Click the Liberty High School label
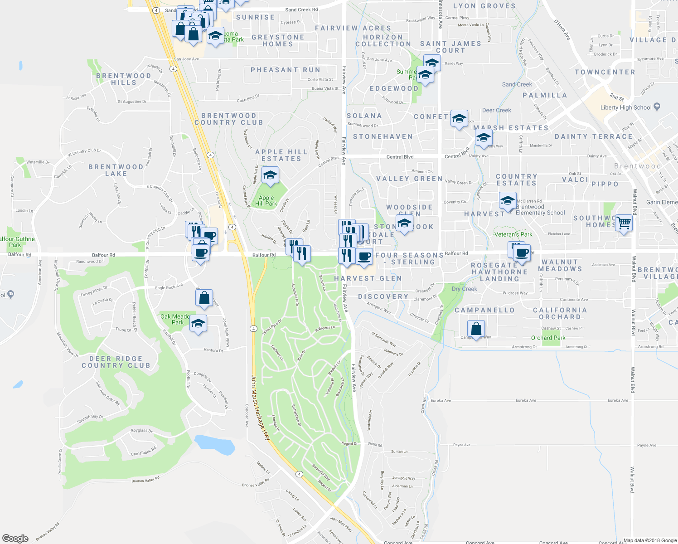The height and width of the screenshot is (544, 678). click(x=626, y=107)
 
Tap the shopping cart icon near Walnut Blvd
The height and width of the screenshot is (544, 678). click(x=624, y=223)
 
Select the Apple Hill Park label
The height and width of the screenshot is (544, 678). click(x=266, y=200)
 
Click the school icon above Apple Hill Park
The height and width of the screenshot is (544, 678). click(x=270, y=175)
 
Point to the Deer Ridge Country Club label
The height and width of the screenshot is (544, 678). click(x=116, y=362)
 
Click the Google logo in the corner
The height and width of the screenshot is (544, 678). click(x=15, y=538)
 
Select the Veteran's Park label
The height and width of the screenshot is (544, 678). click(x=513, y=234)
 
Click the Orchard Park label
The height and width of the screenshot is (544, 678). click(x=548, y=338)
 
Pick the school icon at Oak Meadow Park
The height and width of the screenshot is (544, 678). click(x=198, y=323)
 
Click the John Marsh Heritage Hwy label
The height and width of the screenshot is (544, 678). click(x=261, y=408)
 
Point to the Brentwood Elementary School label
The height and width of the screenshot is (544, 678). click(x=540, y=210)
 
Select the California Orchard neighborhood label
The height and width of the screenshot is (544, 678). click(x=560, y=313)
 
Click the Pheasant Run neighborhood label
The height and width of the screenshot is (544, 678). click(x=286, y=70)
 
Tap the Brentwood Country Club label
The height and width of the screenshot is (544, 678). click(x=228, y=119)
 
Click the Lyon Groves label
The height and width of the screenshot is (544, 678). click(x=484, y=6)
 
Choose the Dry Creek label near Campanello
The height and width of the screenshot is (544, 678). click(x=464, y=289)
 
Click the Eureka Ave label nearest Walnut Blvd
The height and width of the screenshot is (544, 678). click(x=618, y=400)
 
